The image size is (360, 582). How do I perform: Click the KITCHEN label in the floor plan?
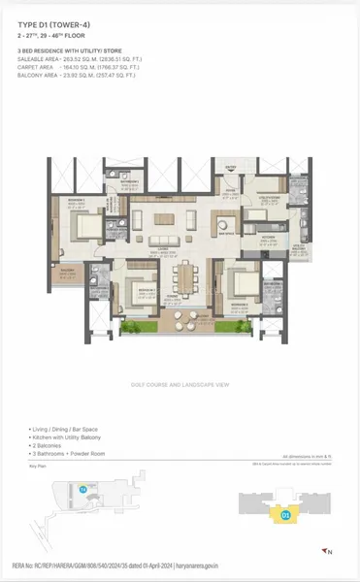273,236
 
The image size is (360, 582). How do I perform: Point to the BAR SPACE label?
230,233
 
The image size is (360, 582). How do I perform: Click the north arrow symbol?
328,550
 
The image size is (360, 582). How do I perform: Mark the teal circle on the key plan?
82,490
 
